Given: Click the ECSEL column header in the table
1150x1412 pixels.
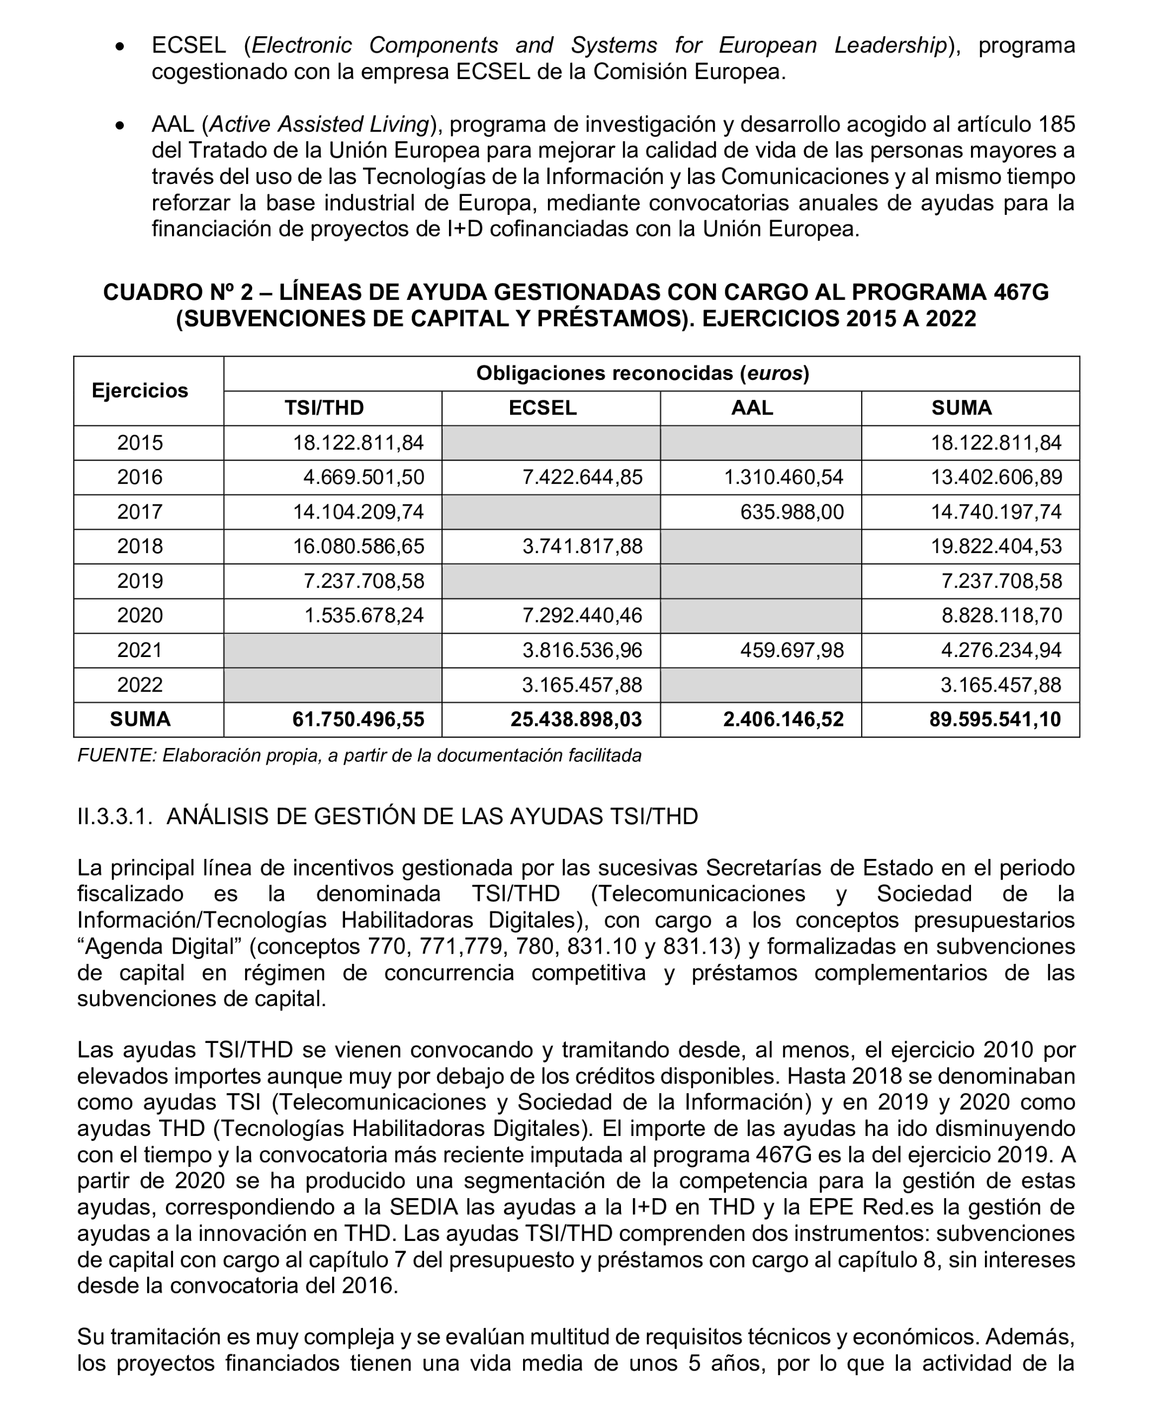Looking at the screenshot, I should [542, 408].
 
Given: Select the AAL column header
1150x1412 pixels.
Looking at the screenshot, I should [752, 408].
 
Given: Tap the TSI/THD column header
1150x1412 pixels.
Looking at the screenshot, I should [324, 408].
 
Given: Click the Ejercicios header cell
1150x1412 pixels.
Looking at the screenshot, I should [140, 390].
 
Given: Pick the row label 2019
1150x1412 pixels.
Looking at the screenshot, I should [140, 581].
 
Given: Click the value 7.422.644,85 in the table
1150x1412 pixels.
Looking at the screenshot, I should [581, 477].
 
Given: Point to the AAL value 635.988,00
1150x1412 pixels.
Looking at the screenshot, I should [791, 511].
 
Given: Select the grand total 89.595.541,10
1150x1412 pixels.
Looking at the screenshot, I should [994, 719].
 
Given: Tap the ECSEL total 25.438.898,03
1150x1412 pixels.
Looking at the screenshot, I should [576, 719].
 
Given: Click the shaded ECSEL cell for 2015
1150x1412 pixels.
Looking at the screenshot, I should [551, 443].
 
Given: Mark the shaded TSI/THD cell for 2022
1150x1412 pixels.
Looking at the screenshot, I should [333, 685].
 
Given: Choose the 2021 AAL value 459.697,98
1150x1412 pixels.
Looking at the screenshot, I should [791, 650].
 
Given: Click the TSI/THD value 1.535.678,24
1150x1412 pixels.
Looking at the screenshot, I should [363, 615].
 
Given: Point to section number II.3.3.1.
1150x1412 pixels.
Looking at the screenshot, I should [115, 816].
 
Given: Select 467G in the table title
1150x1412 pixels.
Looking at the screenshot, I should [1021, 292].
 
